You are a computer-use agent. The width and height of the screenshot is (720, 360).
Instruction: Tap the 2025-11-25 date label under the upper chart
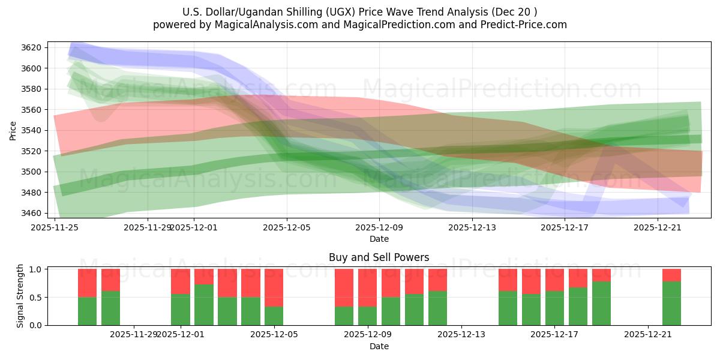55,227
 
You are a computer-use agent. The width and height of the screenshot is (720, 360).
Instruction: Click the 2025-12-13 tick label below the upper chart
472,227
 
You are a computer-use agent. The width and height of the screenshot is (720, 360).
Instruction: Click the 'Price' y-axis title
13,130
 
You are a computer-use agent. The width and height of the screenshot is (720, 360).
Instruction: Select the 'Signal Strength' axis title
20,296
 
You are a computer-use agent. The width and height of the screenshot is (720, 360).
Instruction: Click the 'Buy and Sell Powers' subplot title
379,257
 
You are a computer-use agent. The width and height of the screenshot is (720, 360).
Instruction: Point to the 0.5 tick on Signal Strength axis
35,297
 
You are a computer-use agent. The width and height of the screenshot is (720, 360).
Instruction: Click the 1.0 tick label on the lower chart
35,269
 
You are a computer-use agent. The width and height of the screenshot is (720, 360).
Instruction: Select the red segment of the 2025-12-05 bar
274,287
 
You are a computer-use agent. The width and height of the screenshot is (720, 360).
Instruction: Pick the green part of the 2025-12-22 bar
671,303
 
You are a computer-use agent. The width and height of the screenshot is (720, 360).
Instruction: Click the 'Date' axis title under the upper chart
379,239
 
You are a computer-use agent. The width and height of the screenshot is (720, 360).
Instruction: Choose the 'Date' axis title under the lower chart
379,346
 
